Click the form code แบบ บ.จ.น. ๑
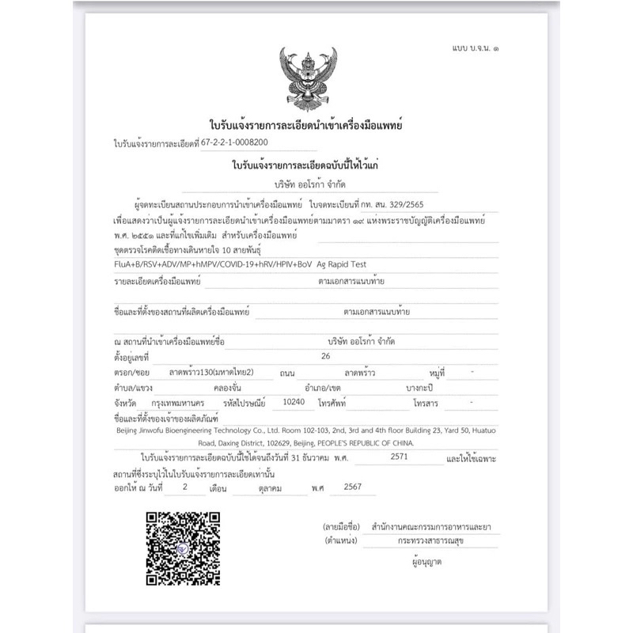(475, 48)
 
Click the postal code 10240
(294, 402)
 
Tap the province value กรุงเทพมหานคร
(183, 403)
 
